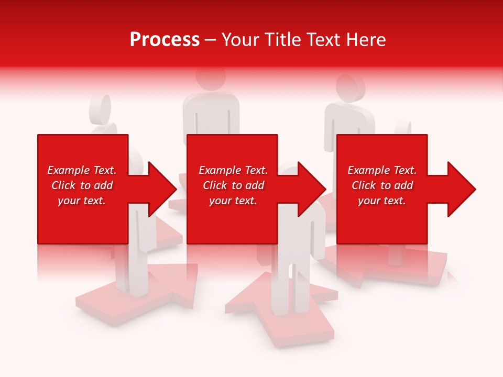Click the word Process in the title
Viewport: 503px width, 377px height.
click(x=165, y=40)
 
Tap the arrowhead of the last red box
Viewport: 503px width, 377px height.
click(x=461, y=189)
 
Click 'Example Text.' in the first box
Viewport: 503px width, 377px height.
click(x=82, y=170)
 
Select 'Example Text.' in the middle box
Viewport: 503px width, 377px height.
click(x=233, y=170)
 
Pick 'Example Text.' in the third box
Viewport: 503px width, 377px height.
click(x=382, y=170)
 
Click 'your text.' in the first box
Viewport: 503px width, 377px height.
click(x=82, y=201)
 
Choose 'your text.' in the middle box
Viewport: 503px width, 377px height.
click(x=233, y=201)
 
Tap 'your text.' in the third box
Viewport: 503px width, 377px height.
click(x=382, y=201)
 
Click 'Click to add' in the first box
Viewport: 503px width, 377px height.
click(x=82, y=185)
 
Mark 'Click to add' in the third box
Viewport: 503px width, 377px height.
click(x=382, y=185)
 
